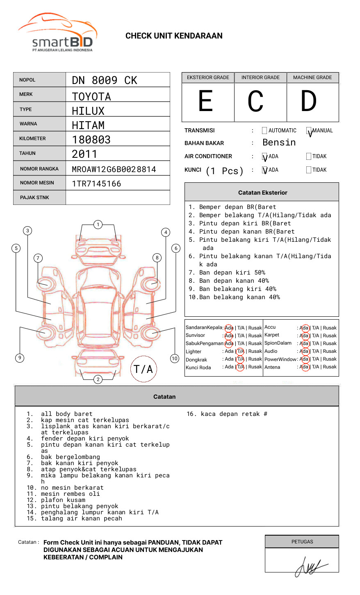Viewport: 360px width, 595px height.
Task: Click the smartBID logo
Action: [57, 33]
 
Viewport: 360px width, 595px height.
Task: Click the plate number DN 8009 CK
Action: [105, 80]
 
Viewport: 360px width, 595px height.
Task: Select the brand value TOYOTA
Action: [91, 97]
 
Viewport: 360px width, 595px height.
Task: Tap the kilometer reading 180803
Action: [91, 140]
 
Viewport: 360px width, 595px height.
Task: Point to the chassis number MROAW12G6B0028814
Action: [114, 169]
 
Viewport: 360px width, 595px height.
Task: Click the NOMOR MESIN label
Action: [37, 183]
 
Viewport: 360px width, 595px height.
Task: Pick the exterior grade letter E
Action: [206, 101]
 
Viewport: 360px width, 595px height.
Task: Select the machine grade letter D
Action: [309, 101]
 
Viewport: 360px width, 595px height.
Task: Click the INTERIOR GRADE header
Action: [260, 77]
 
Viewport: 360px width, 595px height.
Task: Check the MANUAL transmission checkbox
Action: [309, 131]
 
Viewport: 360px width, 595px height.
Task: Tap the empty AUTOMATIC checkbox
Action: [264, 131]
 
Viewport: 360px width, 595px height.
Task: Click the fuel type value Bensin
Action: [279, 143]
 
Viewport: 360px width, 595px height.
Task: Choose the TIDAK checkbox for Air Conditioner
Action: [309, 156]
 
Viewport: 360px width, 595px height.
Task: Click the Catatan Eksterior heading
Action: [262, 193]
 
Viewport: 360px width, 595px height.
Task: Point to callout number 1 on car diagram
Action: [98, 224]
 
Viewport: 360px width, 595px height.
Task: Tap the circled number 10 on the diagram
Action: [175, 359]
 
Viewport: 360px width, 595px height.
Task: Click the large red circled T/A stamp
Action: [144, 369]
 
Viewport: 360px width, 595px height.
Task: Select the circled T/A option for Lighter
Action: [240, 351]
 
